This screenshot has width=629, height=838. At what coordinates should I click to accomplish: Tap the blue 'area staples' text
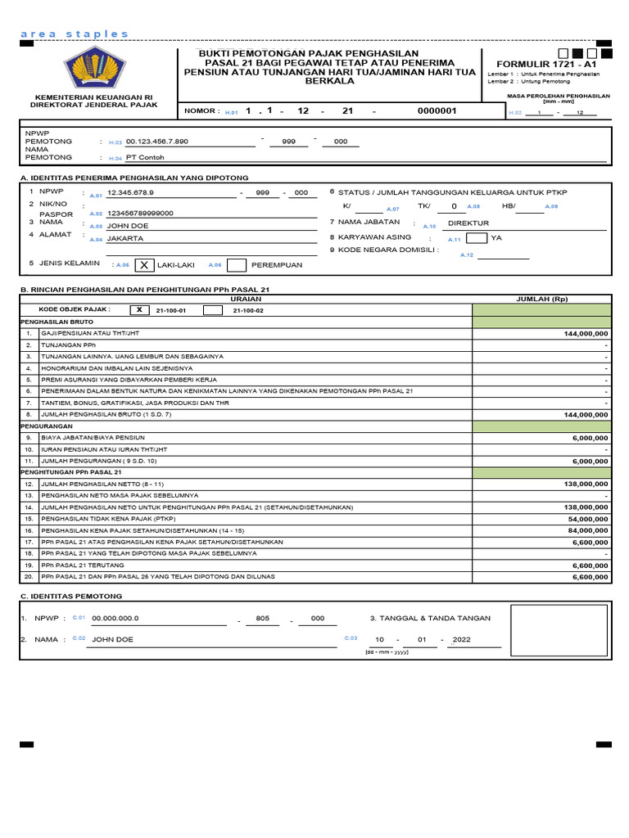(x=74, y=34)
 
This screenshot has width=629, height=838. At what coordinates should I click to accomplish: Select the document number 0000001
(x=437, y=110)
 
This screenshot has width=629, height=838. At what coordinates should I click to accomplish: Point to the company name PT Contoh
(x=145, y=158)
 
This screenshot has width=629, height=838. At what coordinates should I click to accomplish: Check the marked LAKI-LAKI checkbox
(x=143, y=265)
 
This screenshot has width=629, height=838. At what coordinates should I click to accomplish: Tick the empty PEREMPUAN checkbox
(x=237, y=265)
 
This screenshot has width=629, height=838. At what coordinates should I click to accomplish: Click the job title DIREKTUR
(x=468, y=223)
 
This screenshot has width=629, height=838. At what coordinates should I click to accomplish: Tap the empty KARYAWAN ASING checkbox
(x=477, y=238)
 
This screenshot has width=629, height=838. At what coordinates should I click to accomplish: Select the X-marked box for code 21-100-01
(x=140, y=310)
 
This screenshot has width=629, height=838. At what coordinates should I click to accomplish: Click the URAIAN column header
(x=246, y=300)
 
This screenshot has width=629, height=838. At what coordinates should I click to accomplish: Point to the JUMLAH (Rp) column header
(x=541, y=300)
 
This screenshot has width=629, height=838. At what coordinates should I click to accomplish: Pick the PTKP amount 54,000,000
(x=585, y=519)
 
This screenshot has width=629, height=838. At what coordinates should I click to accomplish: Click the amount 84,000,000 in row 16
(x=585, y=530)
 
